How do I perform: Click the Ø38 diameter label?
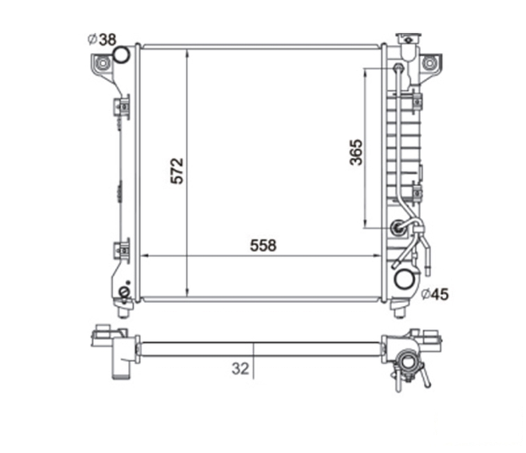click(x=102, y=40)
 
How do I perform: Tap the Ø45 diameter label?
click(x=435, y=294)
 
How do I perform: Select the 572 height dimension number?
click(x=177, y=171)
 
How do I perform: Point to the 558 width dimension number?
click(x=263, y=246)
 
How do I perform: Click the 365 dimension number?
click(x=356, y=152)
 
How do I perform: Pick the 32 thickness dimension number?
click(x=240, y=369)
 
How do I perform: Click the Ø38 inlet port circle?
click(x=121, y=54)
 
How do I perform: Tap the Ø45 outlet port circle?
click(x=404, y=279)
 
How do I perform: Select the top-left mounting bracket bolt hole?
click(x=102, y=63)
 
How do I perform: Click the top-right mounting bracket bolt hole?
click(x=429, y=63)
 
